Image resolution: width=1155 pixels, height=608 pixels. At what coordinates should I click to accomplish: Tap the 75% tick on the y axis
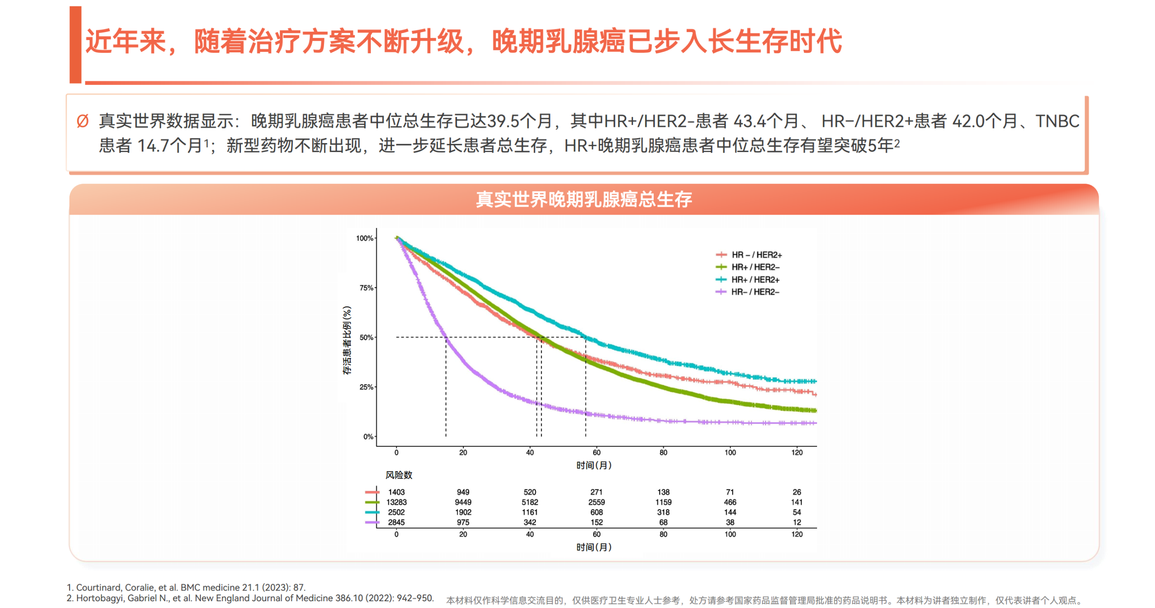366,288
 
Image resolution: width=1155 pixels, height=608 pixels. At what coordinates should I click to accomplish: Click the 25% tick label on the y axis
366,387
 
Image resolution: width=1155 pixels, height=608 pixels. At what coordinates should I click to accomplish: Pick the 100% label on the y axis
364,238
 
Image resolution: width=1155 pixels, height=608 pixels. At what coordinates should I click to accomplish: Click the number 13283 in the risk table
396,502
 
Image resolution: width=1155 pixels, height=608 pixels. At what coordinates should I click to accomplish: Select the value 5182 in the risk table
530,502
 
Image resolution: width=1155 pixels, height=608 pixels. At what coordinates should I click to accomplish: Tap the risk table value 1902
463,512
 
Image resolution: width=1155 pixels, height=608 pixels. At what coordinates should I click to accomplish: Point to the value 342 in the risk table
530,522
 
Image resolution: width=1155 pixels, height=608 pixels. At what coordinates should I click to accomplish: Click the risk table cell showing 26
797,492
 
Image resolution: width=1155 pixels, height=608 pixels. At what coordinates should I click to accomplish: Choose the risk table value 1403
396,492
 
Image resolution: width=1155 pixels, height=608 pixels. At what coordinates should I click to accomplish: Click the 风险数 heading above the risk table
398,475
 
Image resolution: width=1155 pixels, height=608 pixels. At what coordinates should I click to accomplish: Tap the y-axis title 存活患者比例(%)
346,340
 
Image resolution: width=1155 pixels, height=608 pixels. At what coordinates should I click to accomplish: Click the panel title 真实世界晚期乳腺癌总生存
583,199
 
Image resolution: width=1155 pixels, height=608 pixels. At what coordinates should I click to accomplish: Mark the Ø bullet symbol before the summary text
83,121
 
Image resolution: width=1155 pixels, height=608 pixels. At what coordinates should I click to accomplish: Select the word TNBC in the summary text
1057,121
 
